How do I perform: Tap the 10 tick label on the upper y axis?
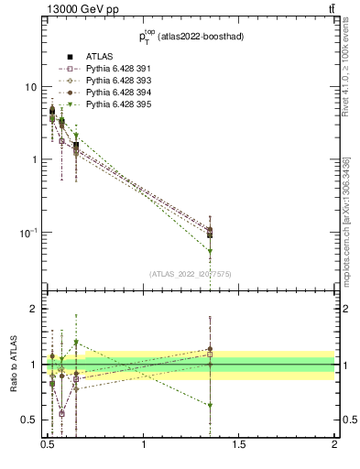pyautogui.click(x=29, y=86)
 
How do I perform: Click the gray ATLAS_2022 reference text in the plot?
pyautogui.click(x=191, y=273)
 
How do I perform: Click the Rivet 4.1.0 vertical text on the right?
pyautogui.click(x=346, y=82)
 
